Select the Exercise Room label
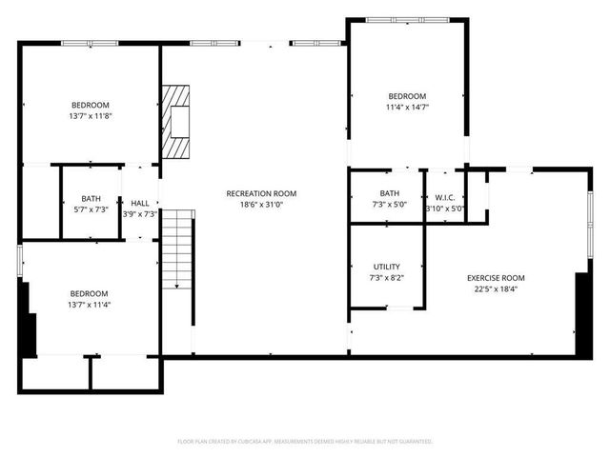(496, 278)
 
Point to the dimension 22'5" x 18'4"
(496, 289)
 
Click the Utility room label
(386, 267)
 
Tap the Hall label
(140, 203)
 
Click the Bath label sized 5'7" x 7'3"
(91, 198)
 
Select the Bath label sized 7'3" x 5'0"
(389, 193)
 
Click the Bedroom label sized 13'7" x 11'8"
(91, 105)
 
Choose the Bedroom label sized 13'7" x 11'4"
(90, 293)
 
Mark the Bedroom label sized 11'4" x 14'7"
(407, 96)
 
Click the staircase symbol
(177, 252)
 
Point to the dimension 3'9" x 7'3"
(140, 214)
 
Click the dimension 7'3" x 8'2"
(386, 278)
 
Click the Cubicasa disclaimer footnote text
(305, 442)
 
